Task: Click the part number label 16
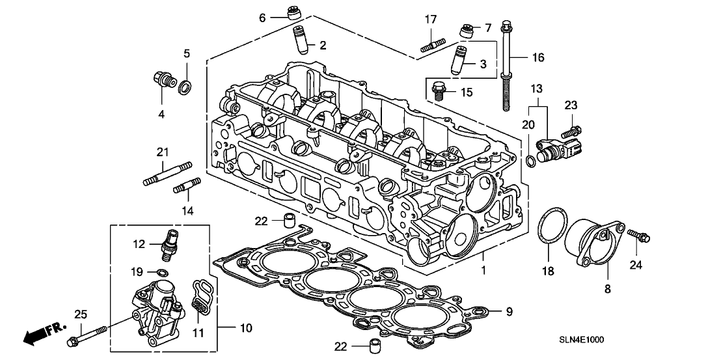point(537,58)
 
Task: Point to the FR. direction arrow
point(36,335)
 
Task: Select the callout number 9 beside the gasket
point(509,312)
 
